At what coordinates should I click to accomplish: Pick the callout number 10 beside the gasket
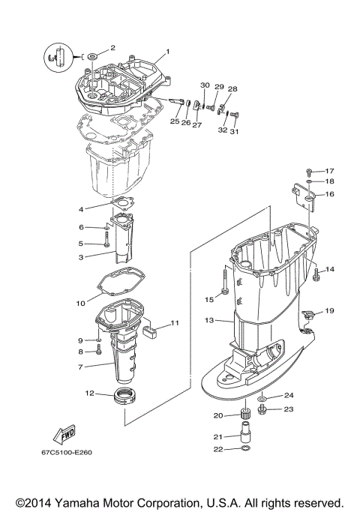click(x=81, y=304)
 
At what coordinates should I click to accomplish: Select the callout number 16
click(x=329, y=194)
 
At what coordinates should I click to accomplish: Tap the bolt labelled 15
click(x=224, y=288)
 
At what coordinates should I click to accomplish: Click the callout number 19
click(x=329, y=311)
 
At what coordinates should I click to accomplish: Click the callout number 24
click(x=289, y=395)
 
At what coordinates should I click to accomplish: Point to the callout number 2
click(x=112, y=47)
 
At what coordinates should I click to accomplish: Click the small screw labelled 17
click(x=310, y=171)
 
